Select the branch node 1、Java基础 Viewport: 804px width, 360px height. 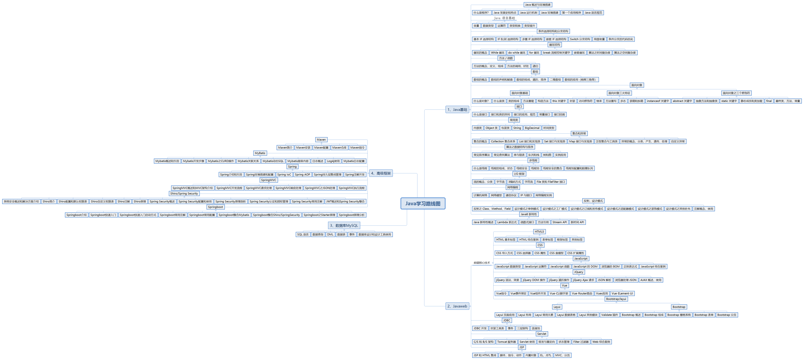tap(457, 109)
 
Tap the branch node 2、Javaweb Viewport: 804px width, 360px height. tap(457, 306)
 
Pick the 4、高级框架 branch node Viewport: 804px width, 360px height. tap(381, 173)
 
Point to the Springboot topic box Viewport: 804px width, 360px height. tap(215, 207)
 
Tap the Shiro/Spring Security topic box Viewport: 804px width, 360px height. tap(184, 193)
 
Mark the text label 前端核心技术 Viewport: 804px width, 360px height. tap(482, 263)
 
